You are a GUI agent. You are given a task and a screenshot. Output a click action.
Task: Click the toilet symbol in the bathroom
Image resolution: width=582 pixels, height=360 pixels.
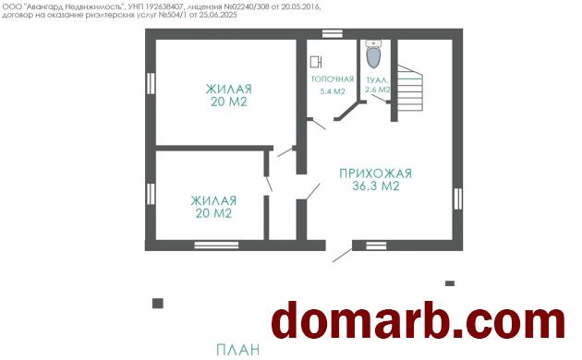(373, 54)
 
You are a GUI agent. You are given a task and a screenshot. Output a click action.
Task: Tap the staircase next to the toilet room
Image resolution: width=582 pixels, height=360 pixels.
(410, 89)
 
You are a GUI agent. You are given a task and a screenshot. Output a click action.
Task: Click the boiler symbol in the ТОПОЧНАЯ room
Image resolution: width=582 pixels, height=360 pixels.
(316, 62)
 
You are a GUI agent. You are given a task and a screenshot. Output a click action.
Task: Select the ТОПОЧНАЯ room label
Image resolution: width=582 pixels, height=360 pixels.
(333, 79)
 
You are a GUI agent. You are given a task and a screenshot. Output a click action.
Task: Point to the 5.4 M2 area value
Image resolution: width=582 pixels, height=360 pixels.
(333, 91)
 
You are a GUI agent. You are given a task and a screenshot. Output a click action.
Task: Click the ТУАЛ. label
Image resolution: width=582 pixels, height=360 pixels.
(378, 80)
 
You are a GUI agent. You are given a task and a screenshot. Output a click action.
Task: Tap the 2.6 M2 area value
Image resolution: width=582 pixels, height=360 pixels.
(378, 90)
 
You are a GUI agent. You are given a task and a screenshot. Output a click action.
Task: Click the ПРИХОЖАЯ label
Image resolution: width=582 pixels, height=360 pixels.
(376, 174)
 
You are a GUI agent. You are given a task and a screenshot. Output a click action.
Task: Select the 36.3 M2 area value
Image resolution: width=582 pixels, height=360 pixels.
(376, 186)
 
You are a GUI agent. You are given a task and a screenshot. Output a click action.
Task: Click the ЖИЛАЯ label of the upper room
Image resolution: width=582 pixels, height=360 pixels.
(229, 90)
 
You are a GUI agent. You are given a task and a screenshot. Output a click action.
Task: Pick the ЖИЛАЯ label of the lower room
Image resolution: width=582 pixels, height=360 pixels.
(213, 200)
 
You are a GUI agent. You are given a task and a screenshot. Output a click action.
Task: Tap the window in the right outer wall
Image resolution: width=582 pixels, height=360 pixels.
(457, 198)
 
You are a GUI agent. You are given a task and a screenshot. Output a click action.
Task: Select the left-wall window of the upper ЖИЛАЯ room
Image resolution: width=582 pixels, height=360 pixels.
(151, 83)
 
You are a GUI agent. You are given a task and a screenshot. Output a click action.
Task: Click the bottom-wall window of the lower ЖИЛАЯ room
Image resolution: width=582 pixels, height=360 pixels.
(216, 245)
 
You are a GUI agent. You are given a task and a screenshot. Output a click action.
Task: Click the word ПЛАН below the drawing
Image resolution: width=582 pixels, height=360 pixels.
(238, 350)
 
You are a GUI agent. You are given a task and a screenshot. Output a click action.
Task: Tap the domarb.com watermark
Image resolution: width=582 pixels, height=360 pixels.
(418, 320)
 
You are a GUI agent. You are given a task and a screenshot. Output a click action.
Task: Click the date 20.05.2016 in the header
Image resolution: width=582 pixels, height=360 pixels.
(301, 7)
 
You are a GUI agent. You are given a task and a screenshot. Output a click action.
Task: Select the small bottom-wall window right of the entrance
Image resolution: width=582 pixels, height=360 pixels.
(376, 246)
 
